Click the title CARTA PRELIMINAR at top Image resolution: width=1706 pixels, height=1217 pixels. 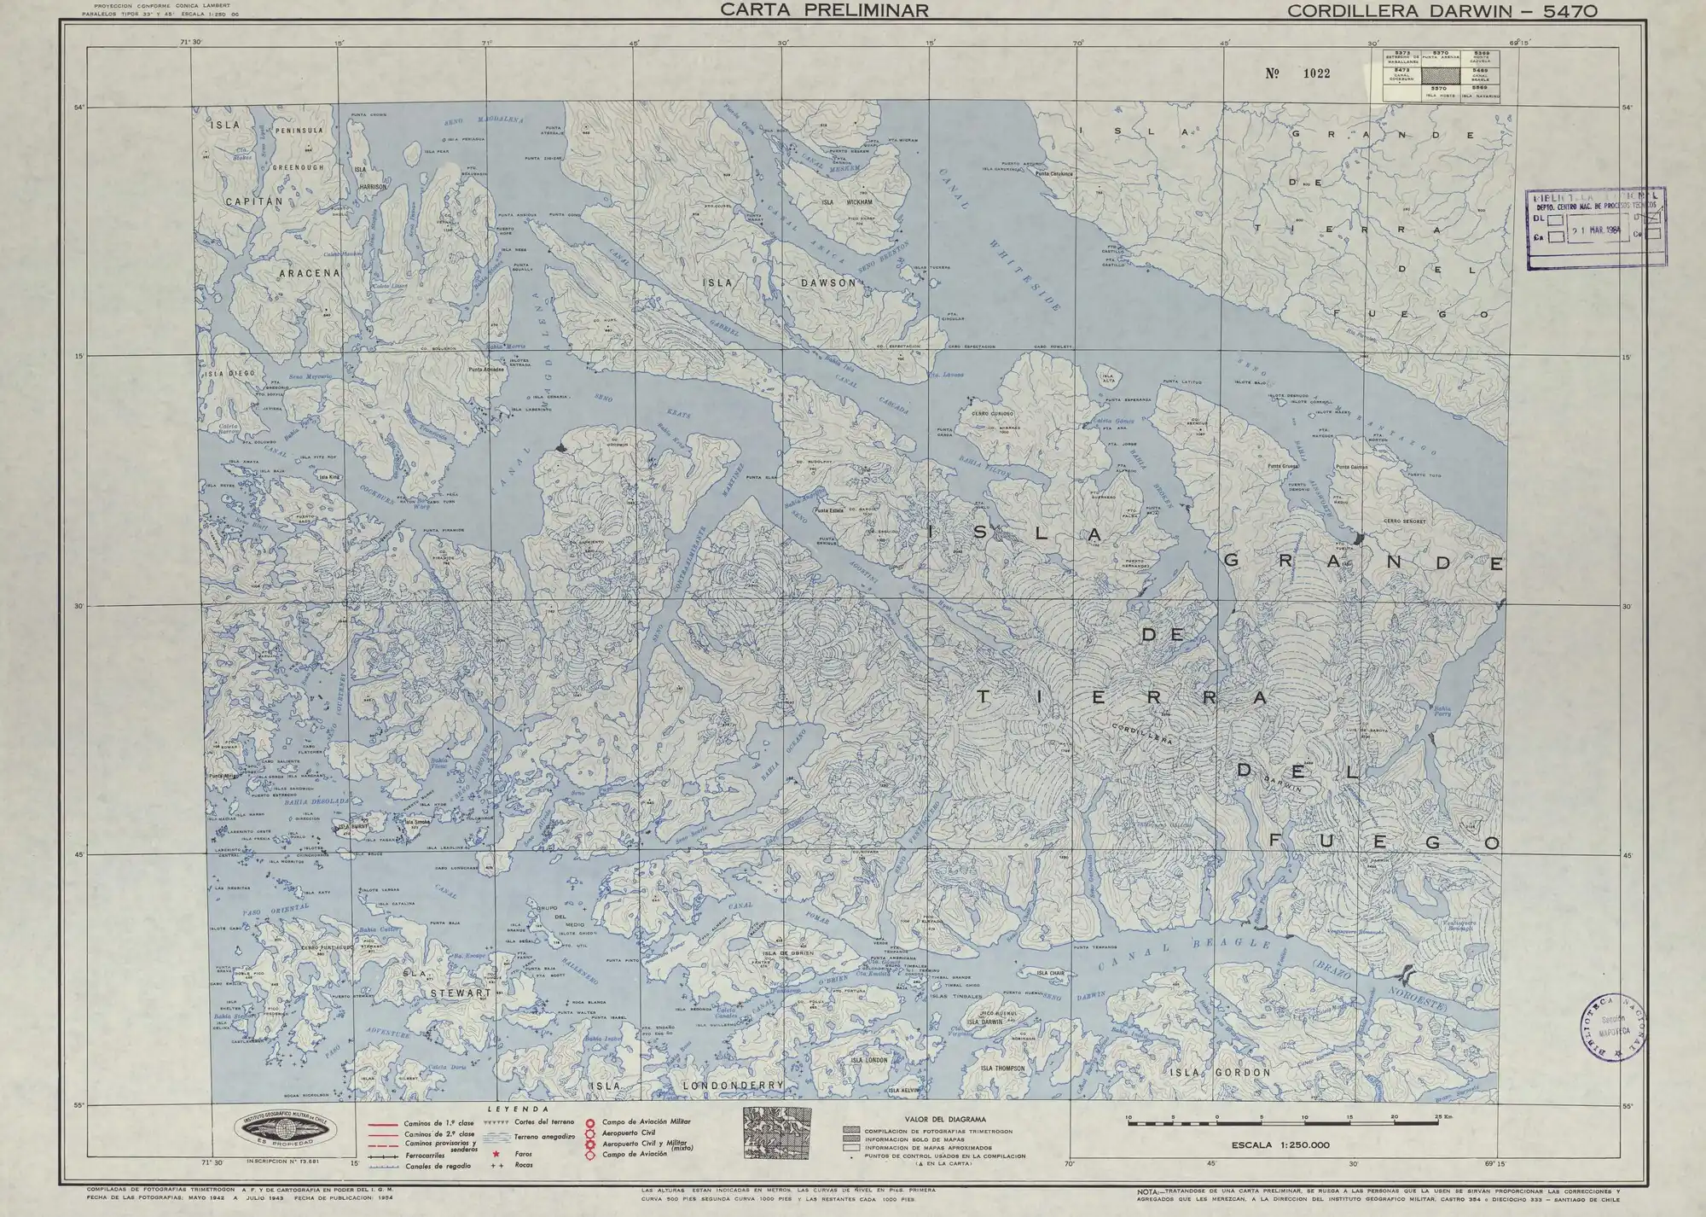click(x=822, y=11)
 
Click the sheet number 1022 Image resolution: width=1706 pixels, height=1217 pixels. click(x=1299, y=73)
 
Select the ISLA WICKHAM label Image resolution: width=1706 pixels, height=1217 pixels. click(x=846, y=203)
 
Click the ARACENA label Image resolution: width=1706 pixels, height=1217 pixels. click(x=310, y=274)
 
